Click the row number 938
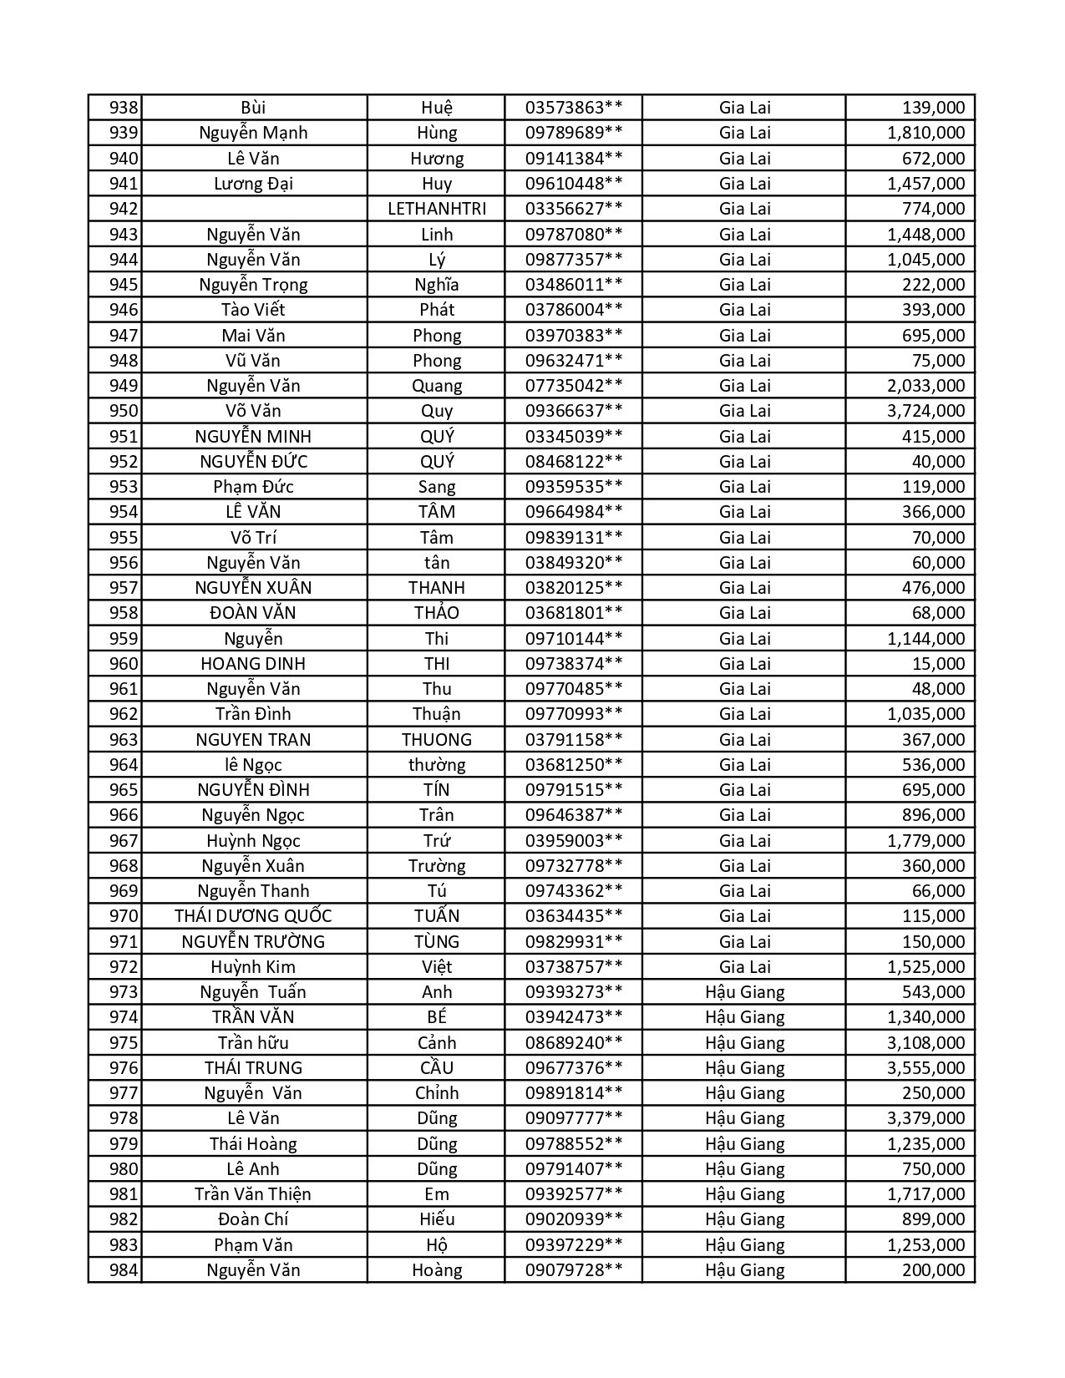tap(123, 108)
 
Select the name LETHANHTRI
tap(436, 209)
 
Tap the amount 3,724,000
tap(926, 411)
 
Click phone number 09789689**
tap(573, 133)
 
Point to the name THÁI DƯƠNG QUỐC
tap(253, 916)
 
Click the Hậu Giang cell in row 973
tap(744, 992)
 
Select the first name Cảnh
tap(436, 1043)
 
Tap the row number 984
tap(123, 1270)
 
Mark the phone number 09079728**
tap(573, 1270)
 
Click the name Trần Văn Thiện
tap(253, 1194)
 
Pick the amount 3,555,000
tap(926, 1068)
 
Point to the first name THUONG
tap(436, 740)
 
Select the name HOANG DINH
tap(253, 664)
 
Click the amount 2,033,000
tap(926, 386)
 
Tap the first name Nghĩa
tap(436, 285)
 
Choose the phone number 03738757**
tap(573, 967)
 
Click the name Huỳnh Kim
tap(253, 967)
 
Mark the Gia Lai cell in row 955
tap(744, 538)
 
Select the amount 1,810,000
tap(926, 133)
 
